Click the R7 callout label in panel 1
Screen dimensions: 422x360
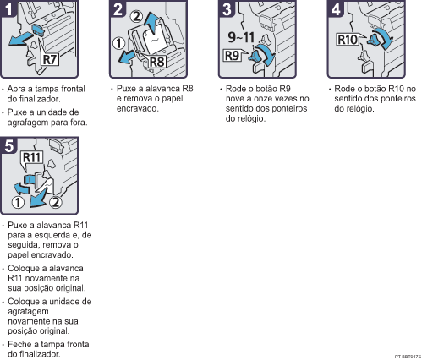pos(50,60)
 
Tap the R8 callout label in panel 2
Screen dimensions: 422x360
pos(156,62)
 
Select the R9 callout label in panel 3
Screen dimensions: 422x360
pos(232,56)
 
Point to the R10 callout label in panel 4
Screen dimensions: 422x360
pos(348,40)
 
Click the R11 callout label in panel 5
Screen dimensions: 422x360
pos(31,158)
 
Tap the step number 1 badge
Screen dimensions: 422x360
pos(8,8)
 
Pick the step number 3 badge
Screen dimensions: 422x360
pos(227,8)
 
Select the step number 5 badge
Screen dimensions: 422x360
pos(8,145)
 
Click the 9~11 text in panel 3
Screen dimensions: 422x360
pos(241,37)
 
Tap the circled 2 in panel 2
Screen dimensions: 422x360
pos(137,16)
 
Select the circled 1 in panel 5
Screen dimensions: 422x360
pos(18,202)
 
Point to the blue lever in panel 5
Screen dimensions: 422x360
pos(30,179)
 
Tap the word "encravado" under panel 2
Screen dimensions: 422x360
pos(138,108)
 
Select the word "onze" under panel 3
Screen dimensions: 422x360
pos(264,99)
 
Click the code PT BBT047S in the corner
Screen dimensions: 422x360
pos(408,357)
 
